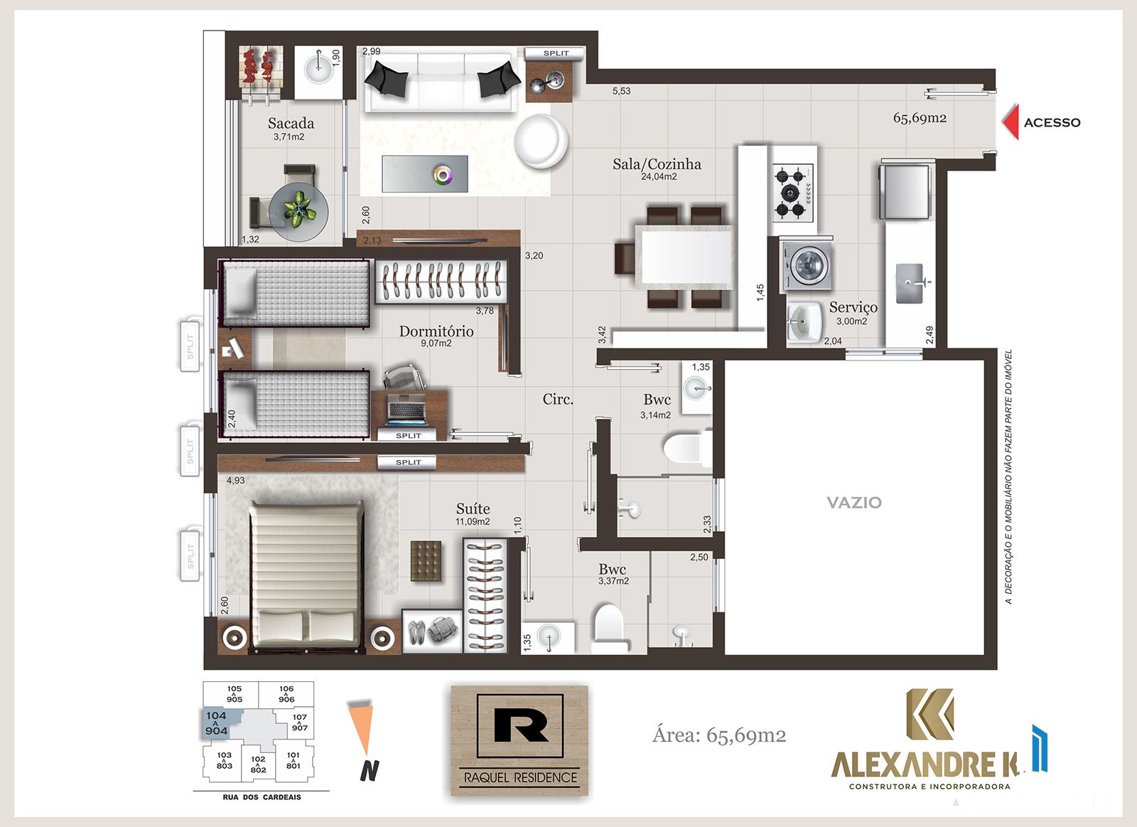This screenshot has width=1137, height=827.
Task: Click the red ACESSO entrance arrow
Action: tap(1011, 122)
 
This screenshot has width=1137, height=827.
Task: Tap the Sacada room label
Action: tap(291, 123)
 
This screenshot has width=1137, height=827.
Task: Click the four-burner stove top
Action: tap(792, 192)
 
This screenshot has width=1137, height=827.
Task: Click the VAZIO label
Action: tap(854, 503)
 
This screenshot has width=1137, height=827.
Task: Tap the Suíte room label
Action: tap(473, 508)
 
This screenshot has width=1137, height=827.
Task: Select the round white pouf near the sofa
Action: tap(541, 141)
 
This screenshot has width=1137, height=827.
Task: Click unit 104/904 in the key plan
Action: tap(217, 723)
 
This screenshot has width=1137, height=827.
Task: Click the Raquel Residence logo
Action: tap(519, 741)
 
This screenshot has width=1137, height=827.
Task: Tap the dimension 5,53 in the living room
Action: tap(621, 91)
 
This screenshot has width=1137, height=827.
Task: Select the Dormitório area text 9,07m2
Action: tap(436, 343)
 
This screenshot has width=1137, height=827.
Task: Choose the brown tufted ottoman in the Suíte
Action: tap(426, 561)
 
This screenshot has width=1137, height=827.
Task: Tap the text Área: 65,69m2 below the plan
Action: tap(719, 735)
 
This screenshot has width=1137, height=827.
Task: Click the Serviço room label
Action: tap(853, 306)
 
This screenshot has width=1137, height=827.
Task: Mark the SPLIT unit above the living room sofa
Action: tap(556, 53)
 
